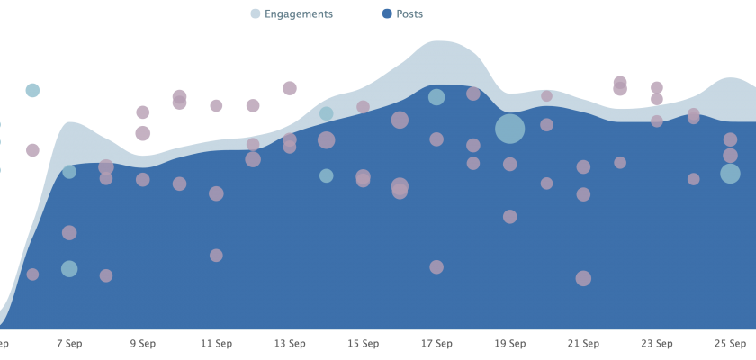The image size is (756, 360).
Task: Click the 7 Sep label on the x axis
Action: click(x=69, y=344)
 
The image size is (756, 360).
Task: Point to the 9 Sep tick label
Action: click(x=142, y=344)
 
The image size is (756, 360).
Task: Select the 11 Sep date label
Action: click(x=216, y=344)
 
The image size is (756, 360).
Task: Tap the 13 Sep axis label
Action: click(x=289, y=344)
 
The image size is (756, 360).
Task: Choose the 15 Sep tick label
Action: click(x=363, y=344)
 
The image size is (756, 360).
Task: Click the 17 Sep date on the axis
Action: click(x=436, y=344)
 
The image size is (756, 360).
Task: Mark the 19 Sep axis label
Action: click(x=509, y=344)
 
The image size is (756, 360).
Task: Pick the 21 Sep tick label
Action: click(x=583, y=344)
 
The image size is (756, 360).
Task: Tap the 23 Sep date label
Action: click(x=657, y=344)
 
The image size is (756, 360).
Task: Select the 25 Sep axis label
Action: click(x=730, y=344)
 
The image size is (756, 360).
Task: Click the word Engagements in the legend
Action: click(x=299, y=14)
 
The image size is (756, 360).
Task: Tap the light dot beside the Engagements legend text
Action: click(x=256, y=14)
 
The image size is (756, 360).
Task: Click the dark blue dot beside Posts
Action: click(x=387, y=14)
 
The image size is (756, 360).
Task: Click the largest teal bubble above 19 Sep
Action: click(x=509, y=129)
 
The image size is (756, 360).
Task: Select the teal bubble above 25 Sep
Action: click(x=730, y=174)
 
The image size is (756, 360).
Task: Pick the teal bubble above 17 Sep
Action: click(x=436, y=97)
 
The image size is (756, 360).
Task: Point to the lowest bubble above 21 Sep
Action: click(x=583, y=278)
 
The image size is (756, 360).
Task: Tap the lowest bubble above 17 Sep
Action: click(x=436, y=267)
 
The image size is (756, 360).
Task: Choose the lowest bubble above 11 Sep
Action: click(x=216, y=256)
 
